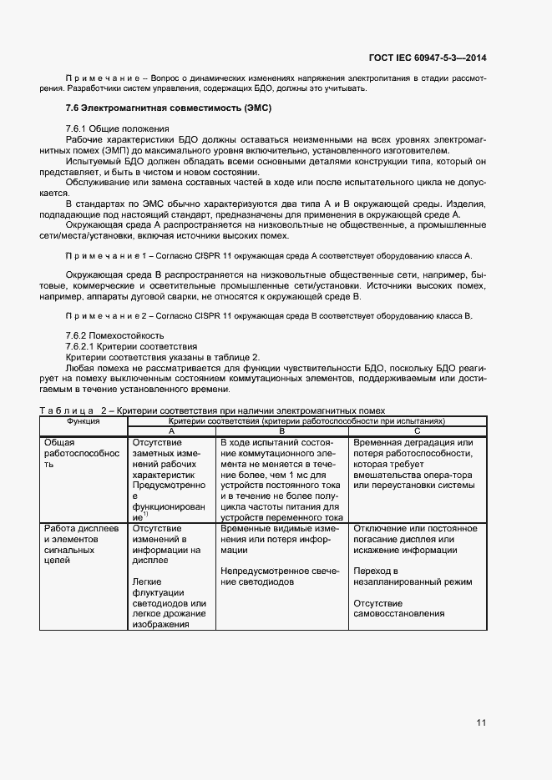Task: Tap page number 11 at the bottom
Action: click(x=481, y=722)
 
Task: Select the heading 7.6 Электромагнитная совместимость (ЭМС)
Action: click(x=169, y=108)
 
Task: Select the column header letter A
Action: click(x=171, y=430)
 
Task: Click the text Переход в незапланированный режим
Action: click(x=413, y=576)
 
